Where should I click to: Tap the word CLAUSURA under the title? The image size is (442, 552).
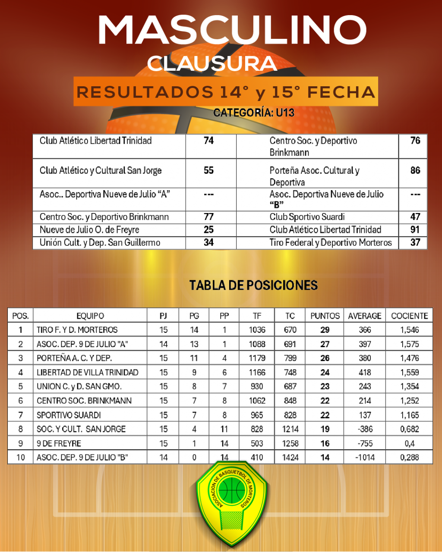click(212, 64)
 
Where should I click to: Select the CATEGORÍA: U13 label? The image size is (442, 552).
click(254, 113)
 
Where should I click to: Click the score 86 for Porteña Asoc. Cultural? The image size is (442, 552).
click(415, 170)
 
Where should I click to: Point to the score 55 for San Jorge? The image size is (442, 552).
click(208, 170)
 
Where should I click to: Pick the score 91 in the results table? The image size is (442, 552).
click(415, 229)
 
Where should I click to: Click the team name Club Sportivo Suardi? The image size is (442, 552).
click(307, 217)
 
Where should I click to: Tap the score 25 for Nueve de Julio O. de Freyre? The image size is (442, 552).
click(208, 229)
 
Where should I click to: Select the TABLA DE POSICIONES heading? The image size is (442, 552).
click(253, 285)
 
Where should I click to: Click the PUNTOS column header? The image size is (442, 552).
click(325, 316)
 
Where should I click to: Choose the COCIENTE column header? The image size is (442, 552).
click(409, 316)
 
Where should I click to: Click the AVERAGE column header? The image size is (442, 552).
click(365, 316)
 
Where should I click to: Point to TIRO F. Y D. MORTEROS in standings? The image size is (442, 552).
click(77, 330)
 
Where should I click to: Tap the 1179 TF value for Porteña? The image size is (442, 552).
click(257, 358)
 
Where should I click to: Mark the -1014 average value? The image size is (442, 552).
click(365, 457)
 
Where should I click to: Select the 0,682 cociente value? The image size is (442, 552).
click(409, 429)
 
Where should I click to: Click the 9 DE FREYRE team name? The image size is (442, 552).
click(59, 443)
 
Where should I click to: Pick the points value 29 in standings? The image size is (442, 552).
click(325, 330)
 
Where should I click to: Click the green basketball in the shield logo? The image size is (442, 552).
click(232, 489)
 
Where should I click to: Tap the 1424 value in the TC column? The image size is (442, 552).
click(290, 457)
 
